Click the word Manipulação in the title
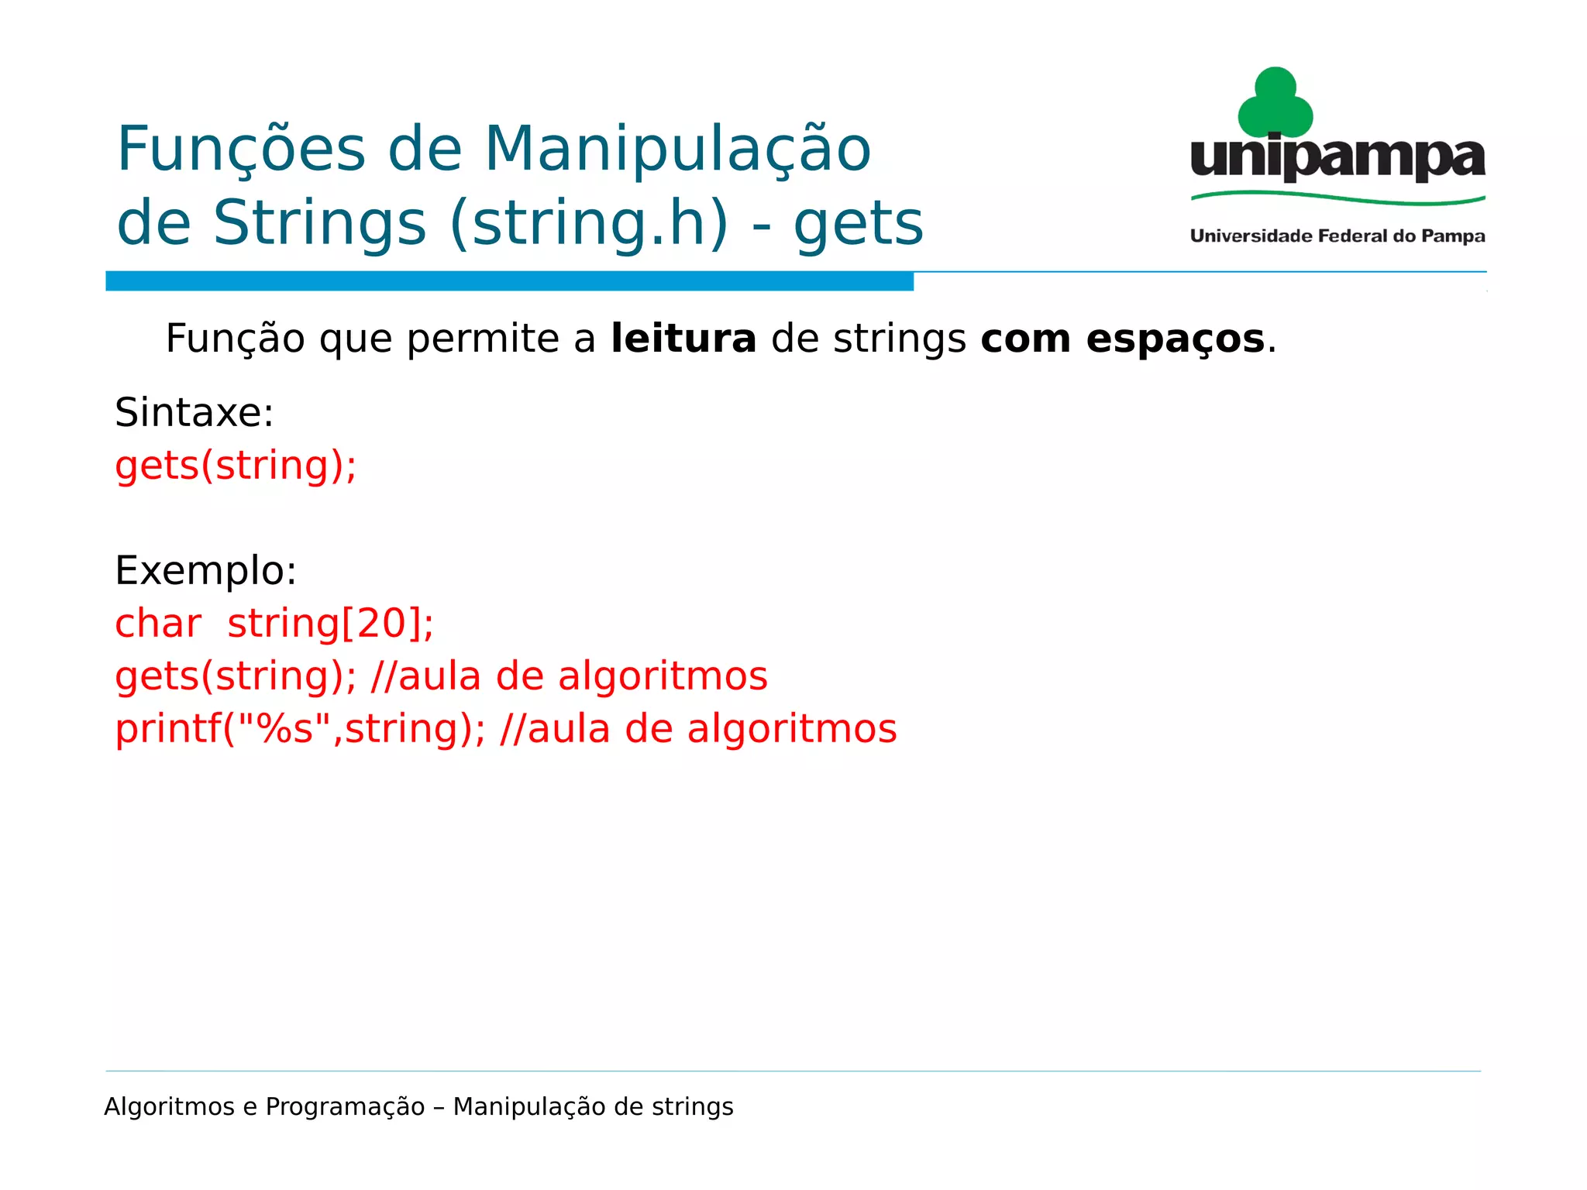pyautogui.click(x=677, y=150)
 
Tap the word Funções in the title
pyautogui.click(x=241, y=150)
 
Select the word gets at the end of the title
pyautogui.click(x=859, y=224)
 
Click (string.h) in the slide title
pyautogui.click(x=589, y=224)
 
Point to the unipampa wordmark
pyautogui.click(x=1337, y=159)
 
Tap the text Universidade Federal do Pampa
pyautogui.click(x=1337, y=236)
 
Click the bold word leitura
pyautogui.click(x=683, y=339)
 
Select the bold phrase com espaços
pyautogui.click(x=1122, y=339)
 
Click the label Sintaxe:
pyautogui.click(x=194, y=412)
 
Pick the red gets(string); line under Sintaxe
pyautogui.click(x=236, y=466)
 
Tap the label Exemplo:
pyautogui.click(x=205, y=571)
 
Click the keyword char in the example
pyautogui.click(x=158, y=624)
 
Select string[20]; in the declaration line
pyautogui.click(x=330, y=624)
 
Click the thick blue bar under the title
pyautogui.click(x=509, y=281)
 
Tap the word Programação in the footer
pyautogui.click(x=345, y=1107)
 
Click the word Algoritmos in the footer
pyautogui.click(x=169, y=1107)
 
